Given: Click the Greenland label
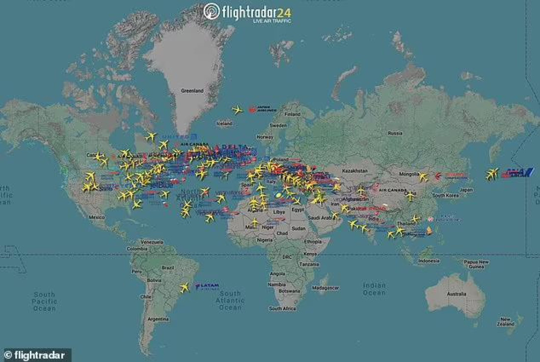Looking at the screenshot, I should tap(192, 91).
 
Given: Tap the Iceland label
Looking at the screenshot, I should tap(225, 123).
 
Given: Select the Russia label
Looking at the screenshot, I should tap(395, 133).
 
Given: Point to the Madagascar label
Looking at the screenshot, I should tap(326, 287).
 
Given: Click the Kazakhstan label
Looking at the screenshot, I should tap(355, 171).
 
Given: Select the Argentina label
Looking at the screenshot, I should tap(158, 319).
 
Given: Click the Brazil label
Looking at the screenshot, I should tap(168, 267).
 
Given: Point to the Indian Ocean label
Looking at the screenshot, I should tap(374, 289).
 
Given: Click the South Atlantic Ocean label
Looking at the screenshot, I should tap(230, 300).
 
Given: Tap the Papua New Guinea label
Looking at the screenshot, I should tap(476, 264).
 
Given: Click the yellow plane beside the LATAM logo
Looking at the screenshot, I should tap(185, 287).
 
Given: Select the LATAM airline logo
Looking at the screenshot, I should tap(207, 286).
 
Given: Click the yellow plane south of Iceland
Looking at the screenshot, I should tap(237, 111).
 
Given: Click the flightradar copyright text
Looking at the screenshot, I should tap(36, 355).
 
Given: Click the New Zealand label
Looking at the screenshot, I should tap(505, 322).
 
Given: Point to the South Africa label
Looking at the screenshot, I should tap(282, 308).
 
